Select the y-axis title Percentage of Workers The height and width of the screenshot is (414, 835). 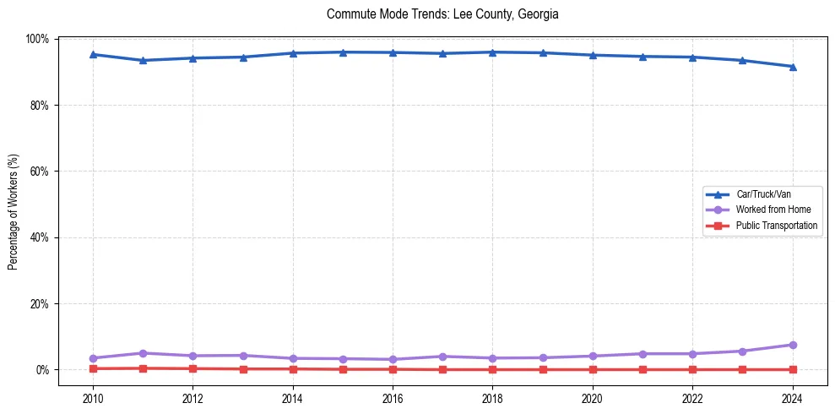14,211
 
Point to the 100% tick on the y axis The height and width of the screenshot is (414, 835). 37,39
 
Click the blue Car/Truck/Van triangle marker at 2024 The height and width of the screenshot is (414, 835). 792,67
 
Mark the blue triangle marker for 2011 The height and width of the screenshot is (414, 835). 144,60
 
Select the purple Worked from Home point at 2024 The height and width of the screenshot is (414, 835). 792,345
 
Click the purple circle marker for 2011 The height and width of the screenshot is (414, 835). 144,353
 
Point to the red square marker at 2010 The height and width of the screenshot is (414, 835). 93,368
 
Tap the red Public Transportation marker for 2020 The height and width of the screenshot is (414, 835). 593,369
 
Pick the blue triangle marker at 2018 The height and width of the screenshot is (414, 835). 492,52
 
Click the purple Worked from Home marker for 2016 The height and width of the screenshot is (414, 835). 393,359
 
